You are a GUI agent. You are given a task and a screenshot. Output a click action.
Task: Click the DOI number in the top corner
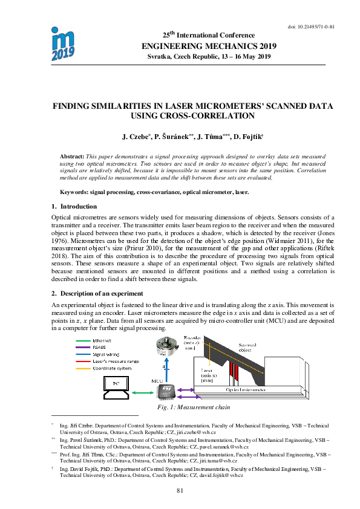(312, 27)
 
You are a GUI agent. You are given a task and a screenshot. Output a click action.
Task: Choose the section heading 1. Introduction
(70, 207)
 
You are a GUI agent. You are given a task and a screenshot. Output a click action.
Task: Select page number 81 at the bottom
(180, 490)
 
